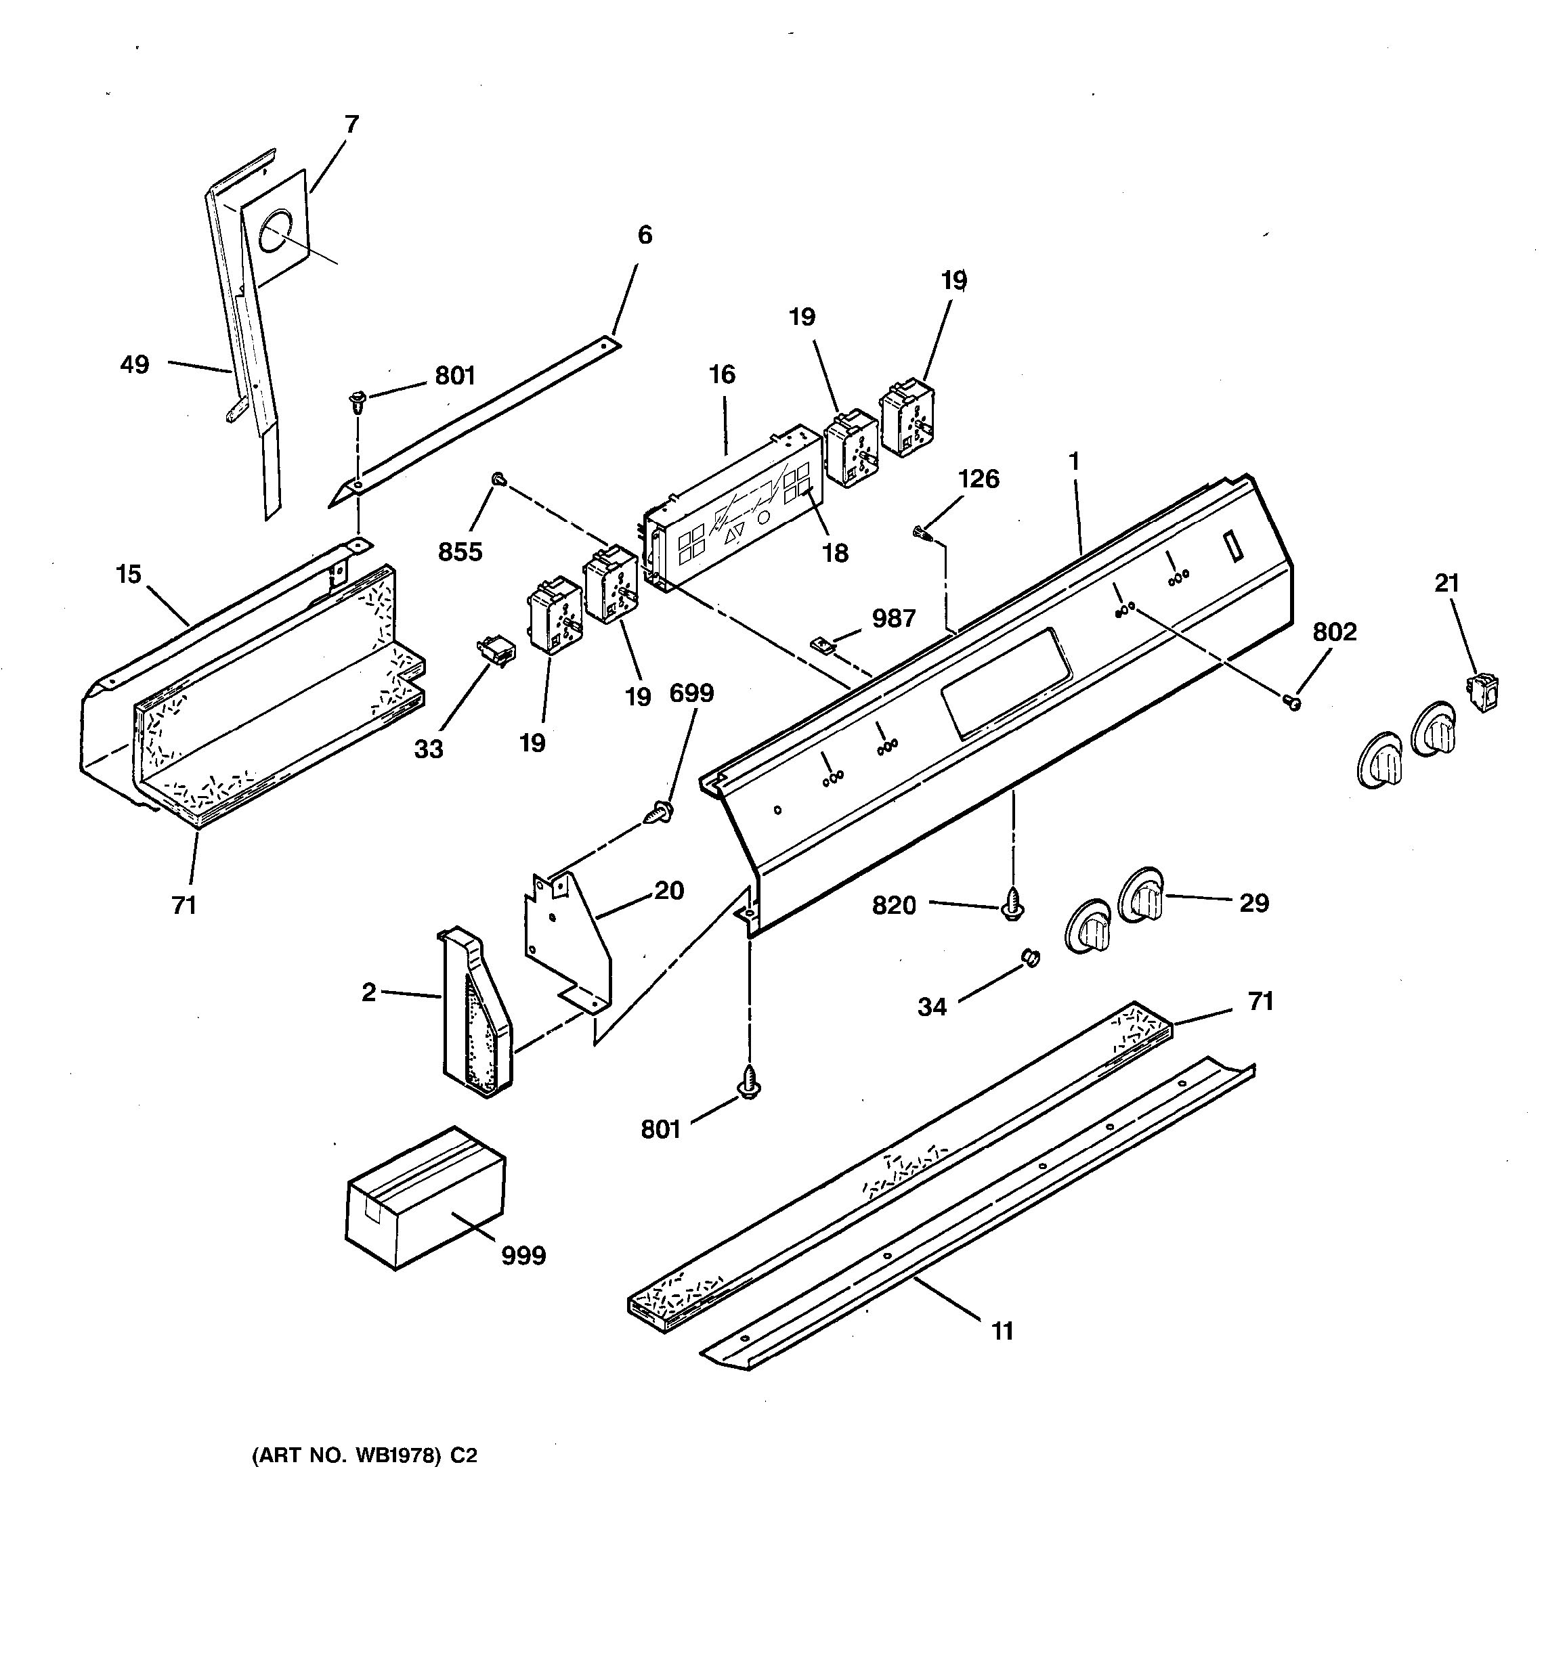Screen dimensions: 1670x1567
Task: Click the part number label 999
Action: point(523,1256)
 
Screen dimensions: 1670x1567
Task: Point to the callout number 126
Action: point(978,479)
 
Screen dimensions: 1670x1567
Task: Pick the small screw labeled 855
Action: point(498,479)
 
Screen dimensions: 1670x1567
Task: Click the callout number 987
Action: point(893,618)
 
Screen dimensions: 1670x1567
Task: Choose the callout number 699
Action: point(691,693)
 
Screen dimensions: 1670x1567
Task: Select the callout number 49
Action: point(135,365)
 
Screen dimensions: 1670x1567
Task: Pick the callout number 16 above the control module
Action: point(722,374)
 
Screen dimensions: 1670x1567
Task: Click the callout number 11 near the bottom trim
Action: point(1002,1331)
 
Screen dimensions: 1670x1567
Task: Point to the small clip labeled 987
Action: point(821,645)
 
